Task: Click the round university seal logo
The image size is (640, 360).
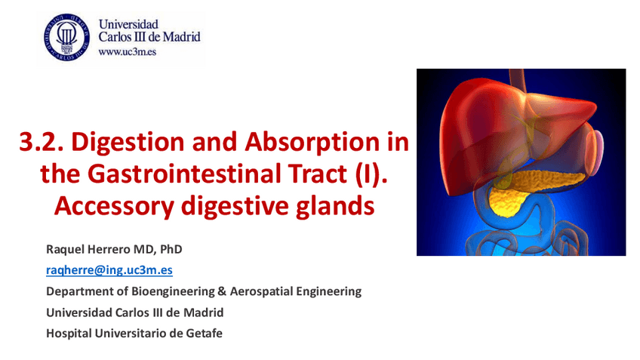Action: coord(66,37)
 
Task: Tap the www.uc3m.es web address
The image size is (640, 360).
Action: coord(127,52)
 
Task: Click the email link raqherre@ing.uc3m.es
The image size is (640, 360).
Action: coord(109,270)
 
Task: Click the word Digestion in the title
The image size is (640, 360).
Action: coord(128,143)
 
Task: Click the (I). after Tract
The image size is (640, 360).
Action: coord(371,174)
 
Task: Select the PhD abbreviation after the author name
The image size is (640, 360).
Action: coord(171,249)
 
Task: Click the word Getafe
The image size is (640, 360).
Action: coord(204,334)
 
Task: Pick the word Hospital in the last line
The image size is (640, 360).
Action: coord(69,334)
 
